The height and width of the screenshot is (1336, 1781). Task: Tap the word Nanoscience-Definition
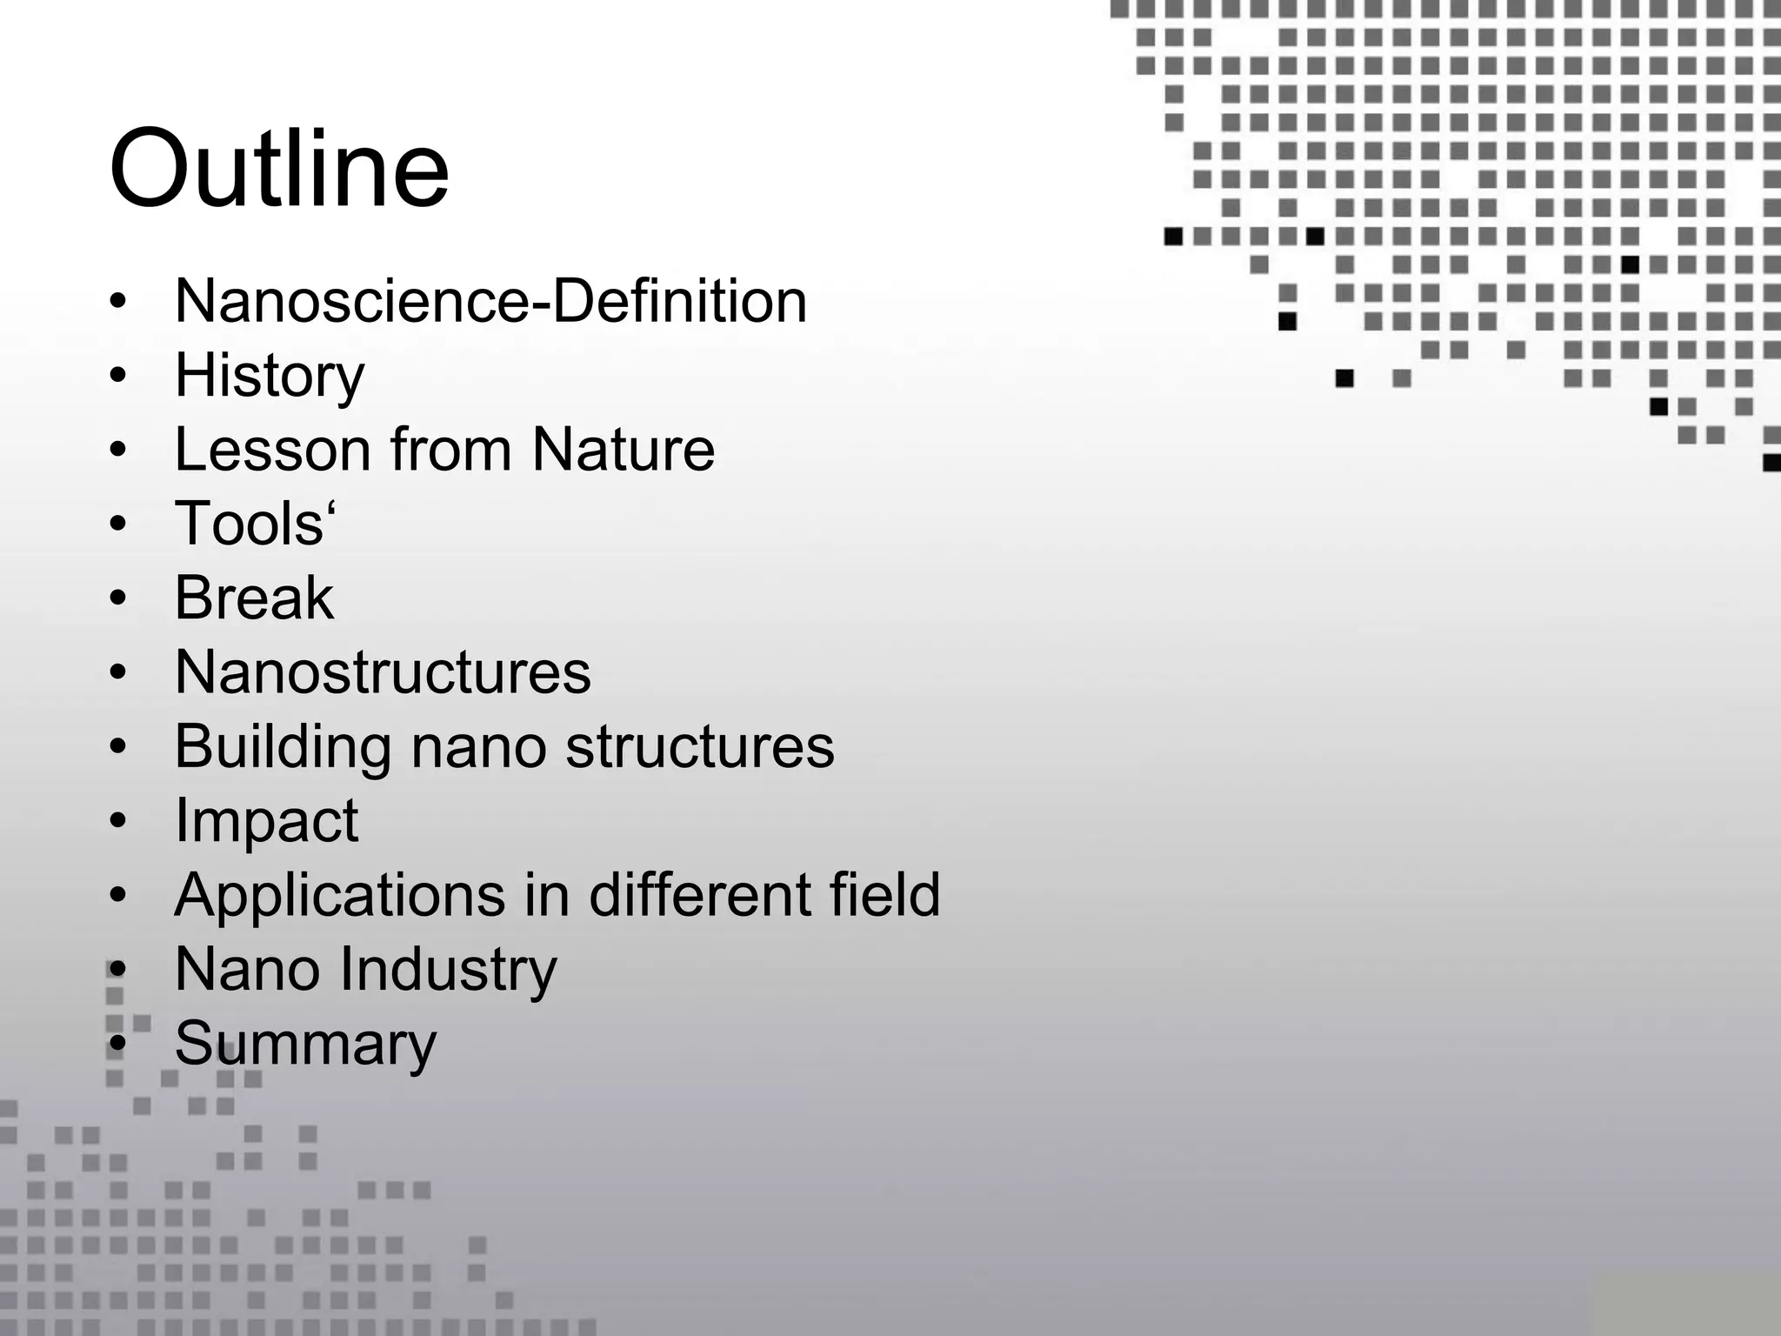(490, 301)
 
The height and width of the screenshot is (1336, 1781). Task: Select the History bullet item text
(270, 376)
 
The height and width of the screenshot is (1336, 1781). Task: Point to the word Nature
(623, 450)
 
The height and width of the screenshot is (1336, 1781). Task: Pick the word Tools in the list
(249, 524)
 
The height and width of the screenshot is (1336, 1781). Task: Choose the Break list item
(254, 598)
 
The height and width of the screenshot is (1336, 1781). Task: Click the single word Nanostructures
(383, 672)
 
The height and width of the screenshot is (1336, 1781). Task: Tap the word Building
(282, 747)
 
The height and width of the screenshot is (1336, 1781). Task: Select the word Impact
(266, 821)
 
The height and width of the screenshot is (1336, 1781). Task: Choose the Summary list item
(305, 1044)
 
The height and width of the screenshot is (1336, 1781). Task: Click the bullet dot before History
(118, 377)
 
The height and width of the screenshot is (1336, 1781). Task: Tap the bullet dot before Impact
(118, 822)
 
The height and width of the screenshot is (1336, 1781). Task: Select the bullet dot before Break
(118, 599)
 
